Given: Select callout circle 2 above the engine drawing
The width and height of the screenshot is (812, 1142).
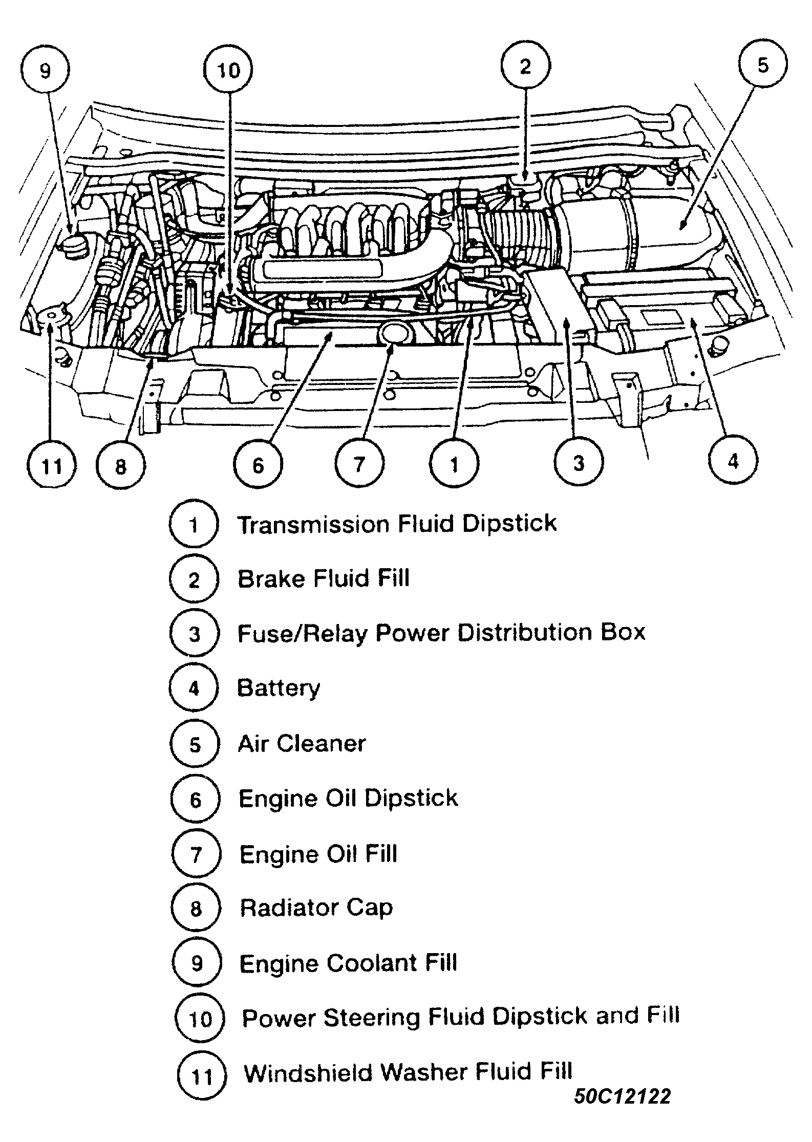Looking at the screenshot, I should (525, 66).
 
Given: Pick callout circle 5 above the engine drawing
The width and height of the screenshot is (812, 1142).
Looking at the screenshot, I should (763, 65).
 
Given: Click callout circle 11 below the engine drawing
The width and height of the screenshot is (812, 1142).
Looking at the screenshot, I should (52, 466).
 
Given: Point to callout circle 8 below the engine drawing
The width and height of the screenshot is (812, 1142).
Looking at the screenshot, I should (121, 466).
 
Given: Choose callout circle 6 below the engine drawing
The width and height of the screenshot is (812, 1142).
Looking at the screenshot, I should (258, 465).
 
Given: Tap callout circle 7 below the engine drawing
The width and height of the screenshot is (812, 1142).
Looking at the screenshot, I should (359, 464).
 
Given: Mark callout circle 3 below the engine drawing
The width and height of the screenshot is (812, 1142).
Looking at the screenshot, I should (579, 463).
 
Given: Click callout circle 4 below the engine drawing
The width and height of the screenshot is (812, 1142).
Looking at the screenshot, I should (733, 461).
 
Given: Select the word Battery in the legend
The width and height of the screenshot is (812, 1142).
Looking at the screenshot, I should (279, 688).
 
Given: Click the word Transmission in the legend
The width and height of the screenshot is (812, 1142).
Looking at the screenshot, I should (314, 525).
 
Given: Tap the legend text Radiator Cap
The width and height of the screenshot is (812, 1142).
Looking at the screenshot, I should (316, 908).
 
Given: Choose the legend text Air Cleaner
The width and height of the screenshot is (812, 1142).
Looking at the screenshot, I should (302, 743).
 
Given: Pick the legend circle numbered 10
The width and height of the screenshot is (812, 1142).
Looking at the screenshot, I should (200, 1018).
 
